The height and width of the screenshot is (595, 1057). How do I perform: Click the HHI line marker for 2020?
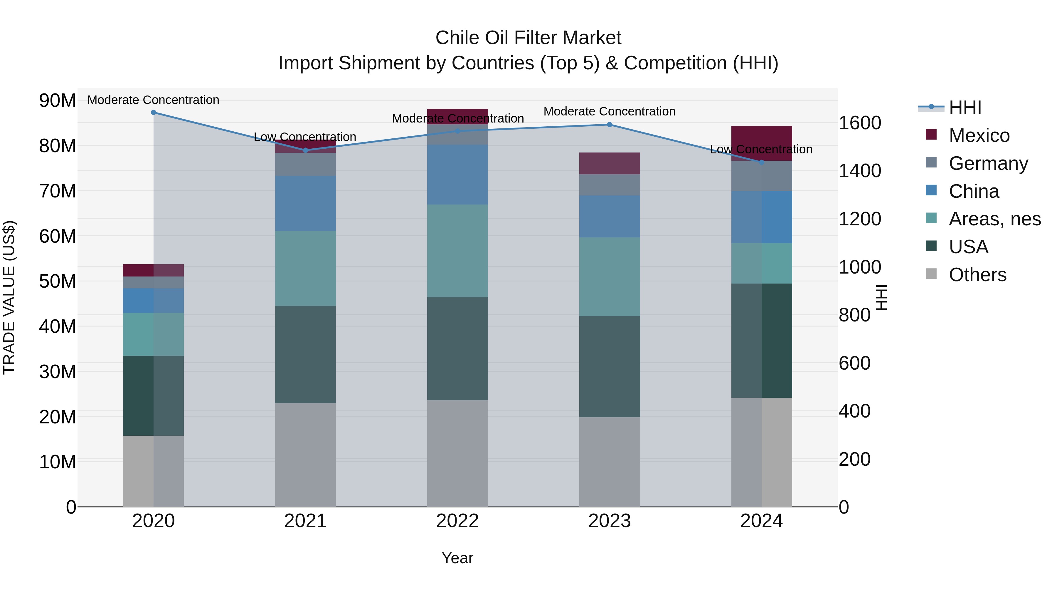click(x=154, y=113)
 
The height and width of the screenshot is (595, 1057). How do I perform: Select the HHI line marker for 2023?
click(x=609, y=125)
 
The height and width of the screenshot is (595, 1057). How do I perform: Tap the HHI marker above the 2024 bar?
click(x=762, y=162)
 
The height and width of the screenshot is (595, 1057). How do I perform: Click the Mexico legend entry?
click(x=979, y=135)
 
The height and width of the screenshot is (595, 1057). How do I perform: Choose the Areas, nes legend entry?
click(x=994, y=219)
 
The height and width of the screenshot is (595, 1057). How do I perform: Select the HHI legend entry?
click(x=964, y=108)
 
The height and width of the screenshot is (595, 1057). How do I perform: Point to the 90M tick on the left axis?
click(x=58, y=100)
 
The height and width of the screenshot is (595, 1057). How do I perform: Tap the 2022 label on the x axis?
click(x=457, y=521)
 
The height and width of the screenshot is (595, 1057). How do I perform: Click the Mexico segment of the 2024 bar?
click(x=762, y=143)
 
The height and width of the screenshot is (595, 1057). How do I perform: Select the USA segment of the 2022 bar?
click(x=457, y=348)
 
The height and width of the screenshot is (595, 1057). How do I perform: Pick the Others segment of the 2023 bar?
click(x=609, y=462)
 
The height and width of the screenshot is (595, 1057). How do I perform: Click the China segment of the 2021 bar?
click(x=305, y=203)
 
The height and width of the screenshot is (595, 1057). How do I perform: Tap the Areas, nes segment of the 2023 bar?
click(x=609, y=277)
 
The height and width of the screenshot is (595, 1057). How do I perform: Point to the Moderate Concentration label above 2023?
click(x=609, y=111)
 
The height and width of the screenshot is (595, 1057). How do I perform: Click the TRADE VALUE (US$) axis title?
click(x=9, y=297)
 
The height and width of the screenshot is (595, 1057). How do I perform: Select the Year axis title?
click(x=457, y=559)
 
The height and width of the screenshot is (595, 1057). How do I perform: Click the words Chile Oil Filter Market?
click(x=528, y=38)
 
